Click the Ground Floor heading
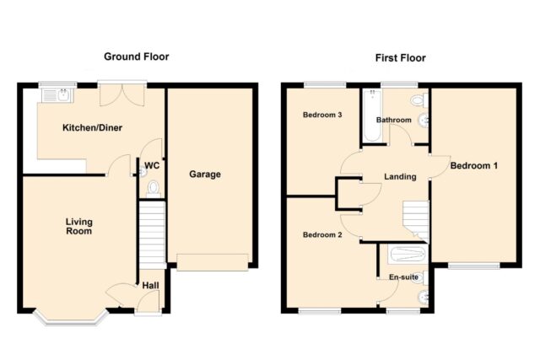click(x=137, y=56)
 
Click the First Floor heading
click(x=400, y=58)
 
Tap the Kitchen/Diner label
click(x=92, y=127)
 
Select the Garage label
click(x=205, y=175)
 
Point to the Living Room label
click(x=78, y=226)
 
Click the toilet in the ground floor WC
click(x=154, y=190)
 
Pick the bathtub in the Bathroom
click(x=372, y=115)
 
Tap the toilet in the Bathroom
click(x=419, y=100)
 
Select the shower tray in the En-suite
click(x=408, y=254)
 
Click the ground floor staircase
click(x=152, y=234)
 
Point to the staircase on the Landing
click(x=416, y=221)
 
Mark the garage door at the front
click(x=213, y=262)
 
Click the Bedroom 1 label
click(x=474, y=165)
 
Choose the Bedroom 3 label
click(x=322, y=115)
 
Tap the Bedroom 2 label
click(x=322, y=234)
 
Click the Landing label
click(x=400, y=176)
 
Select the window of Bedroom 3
click(x=325, y=84)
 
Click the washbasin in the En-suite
click(x=424, y=297)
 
